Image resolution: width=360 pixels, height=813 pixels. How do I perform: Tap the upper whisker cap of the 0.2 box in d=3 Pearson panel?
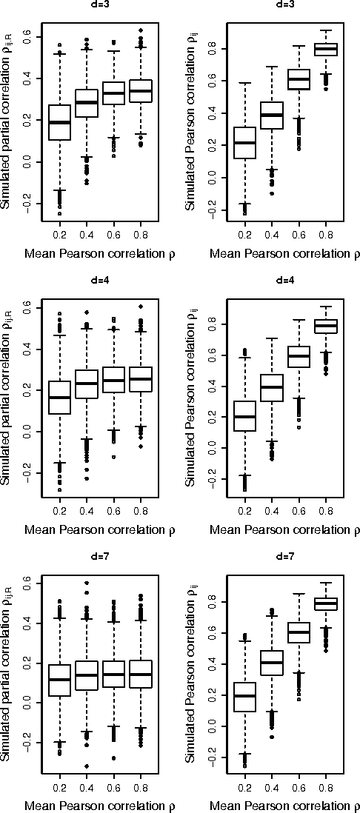click(245, 83)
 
